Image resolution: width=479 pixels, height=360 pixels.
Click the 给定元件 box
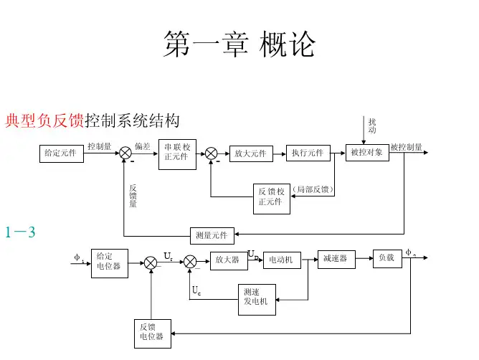click(61, 153)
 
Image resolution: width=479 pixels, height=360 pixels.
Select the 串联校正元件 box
click(178, 152)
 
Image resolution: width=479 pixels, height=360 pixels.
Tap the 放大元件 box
click(250, 153)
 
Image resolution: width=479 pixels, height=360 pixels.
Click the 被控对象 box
click(368, 153)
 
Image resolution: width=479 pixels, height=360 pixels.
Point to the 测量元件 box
click(212, 235)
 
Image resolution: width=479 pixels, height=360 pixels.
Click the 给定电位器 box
click(110, 262)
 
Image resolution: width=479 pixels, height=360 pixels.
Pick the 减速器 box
click(336, 259)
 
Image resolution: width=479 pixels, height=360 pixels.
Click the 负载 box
click(386, 257)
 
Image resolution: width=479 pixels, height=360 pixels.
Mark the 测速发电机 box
click(256, 296)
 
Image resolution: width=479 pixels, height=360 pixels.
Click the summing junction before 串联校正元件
click(125, 153)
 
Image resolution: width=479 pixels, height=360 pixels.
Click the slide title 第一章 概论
click(239, 44)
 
